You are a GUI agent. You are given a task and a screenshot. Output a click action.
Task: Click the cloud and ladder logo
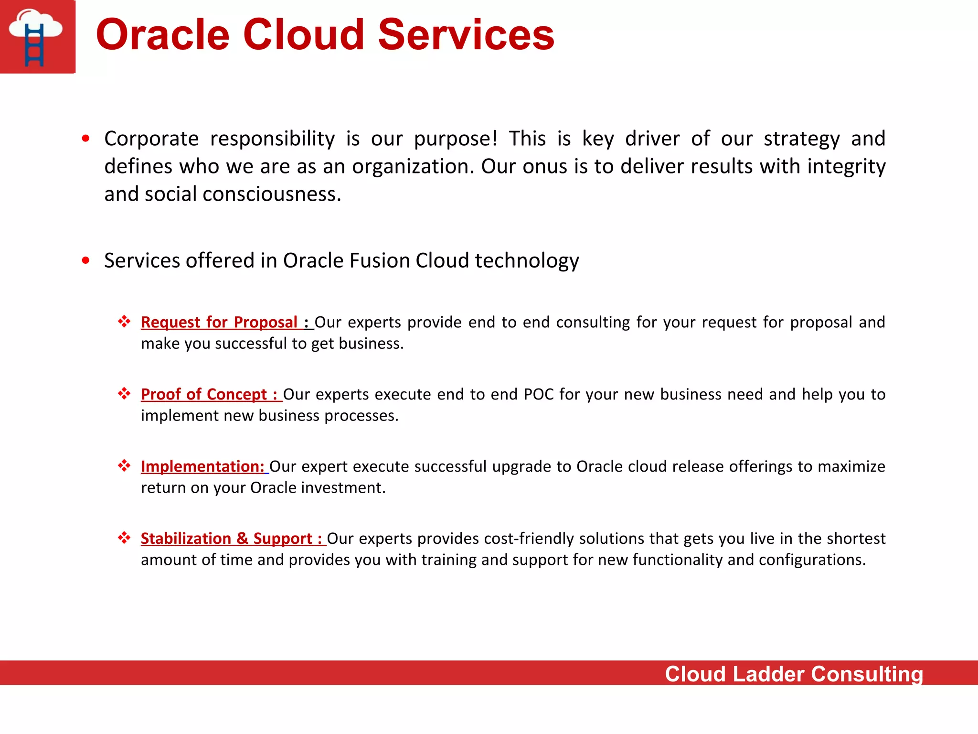pyautogui.click(x=37, y=37)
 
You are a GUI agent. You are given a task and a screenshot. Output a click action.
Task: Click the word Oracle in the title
pyautogui.click(x=163, y=35)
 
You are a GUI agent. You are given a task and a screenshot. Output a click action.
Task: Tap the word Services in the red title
pyautogui.click(x=466, y=35)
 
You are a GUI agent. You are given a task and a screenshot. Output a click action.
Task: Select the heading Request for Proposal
pyautogui.click(x=219, y=322)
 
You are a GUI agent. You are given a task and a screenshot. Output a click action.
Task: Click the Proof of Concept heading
pyautogui.click(x=204, y=394)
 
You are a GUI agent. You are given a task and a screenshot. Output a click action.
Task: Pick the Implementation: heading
pyautogui.click(x=202, y=466)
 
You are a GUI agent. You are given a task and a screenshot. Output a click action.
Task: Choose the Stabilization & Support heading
pyautogui.click(x=227, y=539)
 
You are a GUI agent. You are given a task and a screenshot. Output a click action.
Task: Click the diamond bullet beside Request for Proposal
pyautogui.click(x=124, y=321)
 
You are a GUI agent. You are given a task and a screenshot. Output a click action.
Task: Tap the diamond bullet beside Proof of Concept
pyautogui.click(x=124, y=393)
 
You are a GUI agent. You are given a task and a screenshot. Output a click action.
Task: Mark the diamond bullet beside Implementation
pyautogui.click(x=124, y=465)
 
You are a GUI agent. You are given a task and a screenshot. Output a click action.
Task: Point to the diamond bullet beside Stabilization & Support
pyautogui.click(x=124, y=538)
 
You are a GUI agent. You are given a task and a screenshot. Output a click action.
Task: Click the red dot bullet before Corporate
pyautogui.click(x=85, y=139)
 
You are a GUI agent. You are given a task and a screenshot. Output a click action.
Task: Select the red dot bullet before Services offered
pyautogui.click(x=85, y=260)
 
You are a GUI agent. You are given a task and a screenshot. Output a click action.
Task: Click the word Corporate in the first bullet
pyautogui.click(x=151, y=139)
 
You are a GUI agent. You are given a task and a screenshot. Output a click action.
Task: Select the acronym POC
pyautogui.click(x=539, y=394)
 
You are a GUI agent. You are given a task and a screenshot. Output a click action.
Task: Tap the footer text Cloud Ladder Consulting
pyautogui.click(x=794, y=674)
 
